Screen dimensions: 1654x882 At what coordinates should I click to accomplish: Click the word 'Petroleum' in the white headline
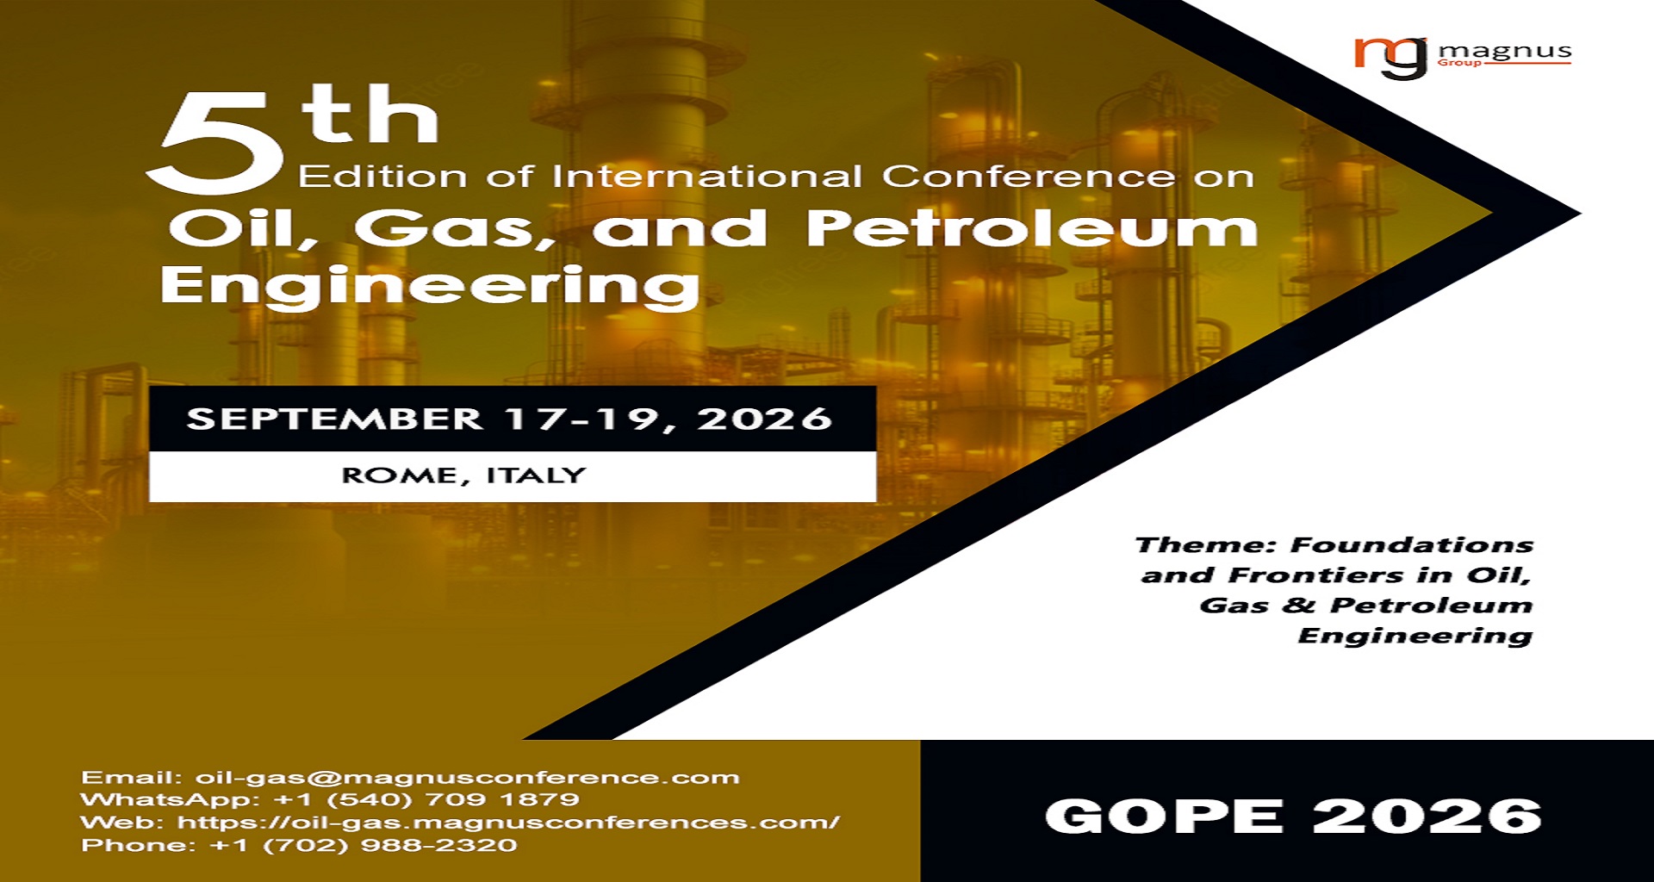1032,228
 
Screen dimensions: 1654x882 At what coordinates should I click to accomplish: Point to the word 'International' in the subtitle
706,177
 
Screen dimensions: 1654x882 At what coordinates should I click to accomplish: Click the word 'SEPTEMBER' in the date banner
334,419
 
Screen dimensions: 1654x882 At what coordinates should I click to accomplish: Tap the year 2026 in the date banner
764,419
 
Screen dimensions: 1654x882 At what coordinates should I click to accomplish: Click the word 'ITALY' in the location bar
536,475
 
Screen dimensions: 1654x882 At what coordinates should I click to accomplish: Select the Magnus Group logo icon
1390,57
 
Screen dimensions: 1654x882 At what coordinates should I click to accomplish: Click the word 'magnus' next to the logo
1505,52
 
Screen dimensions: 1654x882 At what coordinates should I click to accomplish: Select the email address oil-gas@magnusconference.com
467,778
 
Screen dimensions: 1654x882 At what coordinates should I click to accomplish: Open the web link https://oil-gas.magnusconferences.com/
508,823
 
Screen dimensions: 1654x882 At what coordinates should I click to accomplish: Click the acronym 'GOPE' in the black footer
1165,816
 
